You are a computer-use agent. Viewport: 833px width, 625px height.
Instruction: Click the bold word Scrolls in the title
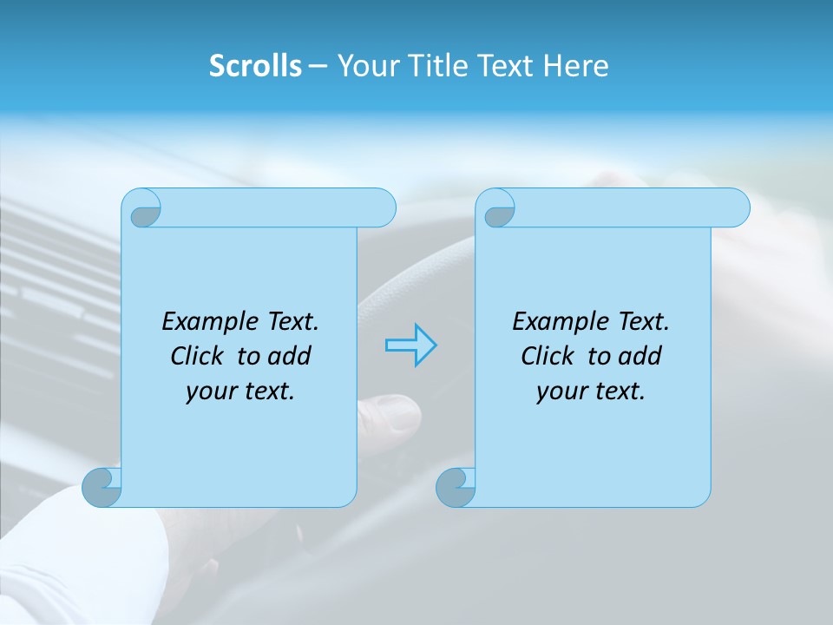[x=255, y=66]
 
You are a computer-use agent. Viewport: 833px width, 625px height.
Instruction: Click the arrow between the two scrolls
[x=410, y=345]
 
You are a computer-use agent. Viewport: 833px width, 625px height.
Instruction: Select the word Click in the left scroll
[x=197, y=356]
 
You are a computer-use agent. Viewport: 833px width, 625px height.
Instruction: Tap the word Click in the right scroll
[x=548, y=356]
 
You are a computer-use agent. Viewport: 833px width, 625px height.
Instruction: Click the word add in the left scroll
[x=291, y=356]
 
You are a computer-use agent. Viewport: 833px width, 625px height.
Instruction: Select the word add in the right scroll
[x=641, y=356]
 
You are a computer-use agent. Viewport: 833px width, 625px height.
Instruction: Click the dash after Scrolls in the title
[x=318, y=66]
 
